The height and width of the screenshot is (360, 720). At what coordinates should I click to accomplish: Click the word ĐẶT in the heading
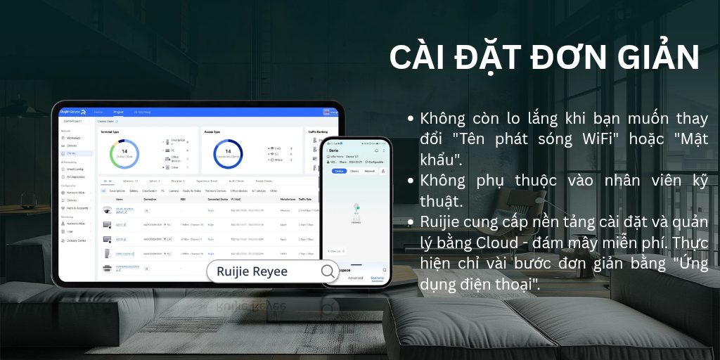point(482,58)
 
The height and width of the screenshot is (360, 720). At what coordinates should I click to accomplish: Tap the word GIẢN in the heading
point(651,58)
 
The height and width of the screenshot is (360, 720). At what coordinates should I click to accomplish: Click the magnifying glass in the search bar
point(328,271)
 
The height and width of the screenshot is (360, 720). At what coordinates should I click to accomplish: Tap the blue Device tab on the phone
point(339,171)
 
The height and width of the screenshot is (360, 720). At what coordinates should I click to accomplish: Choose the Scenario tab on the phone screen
point(378,278)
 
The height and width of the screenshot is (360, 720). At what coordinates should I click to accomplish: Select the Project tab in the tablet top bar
point(118,112)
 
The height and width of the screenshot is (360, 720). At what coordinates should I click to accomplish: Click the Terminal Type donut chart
point(124,154)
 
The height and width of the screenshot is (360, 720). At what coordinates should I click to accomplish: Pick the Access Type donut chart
point(227,154)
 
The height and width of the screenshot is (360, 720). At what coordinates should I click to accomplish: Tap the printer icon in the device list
point(107,268)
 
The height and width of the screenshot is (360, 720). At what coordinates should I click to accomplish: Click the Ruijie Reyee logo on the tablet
point(72,112)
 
